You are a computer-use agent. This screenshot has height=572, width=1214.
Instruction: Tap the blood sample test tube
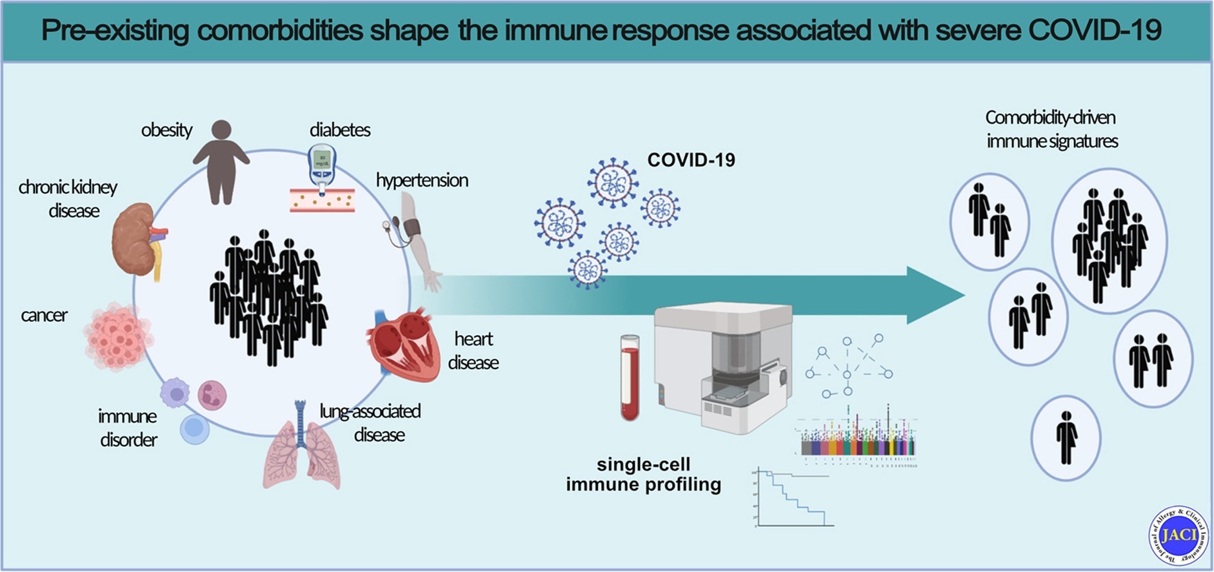tap(630, 378)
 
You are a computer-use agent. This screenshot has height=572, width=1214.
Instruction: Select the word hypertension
tap(422, 180)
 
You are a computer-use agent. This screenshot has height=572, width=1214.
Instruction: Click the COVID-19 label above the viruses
tap(691, 160)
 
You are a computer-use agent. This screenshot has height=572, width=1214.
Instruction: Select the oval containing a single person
tap(1065, 438)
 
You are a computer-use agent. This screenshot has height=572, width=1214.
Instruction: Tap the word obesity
tap(166, 130)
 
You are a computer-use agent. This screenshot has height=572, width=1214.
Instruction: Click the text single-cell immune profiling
tap(643, 475)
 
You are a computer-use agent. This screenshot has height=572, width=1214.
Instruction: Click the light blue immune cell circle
tap(194, 429)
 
